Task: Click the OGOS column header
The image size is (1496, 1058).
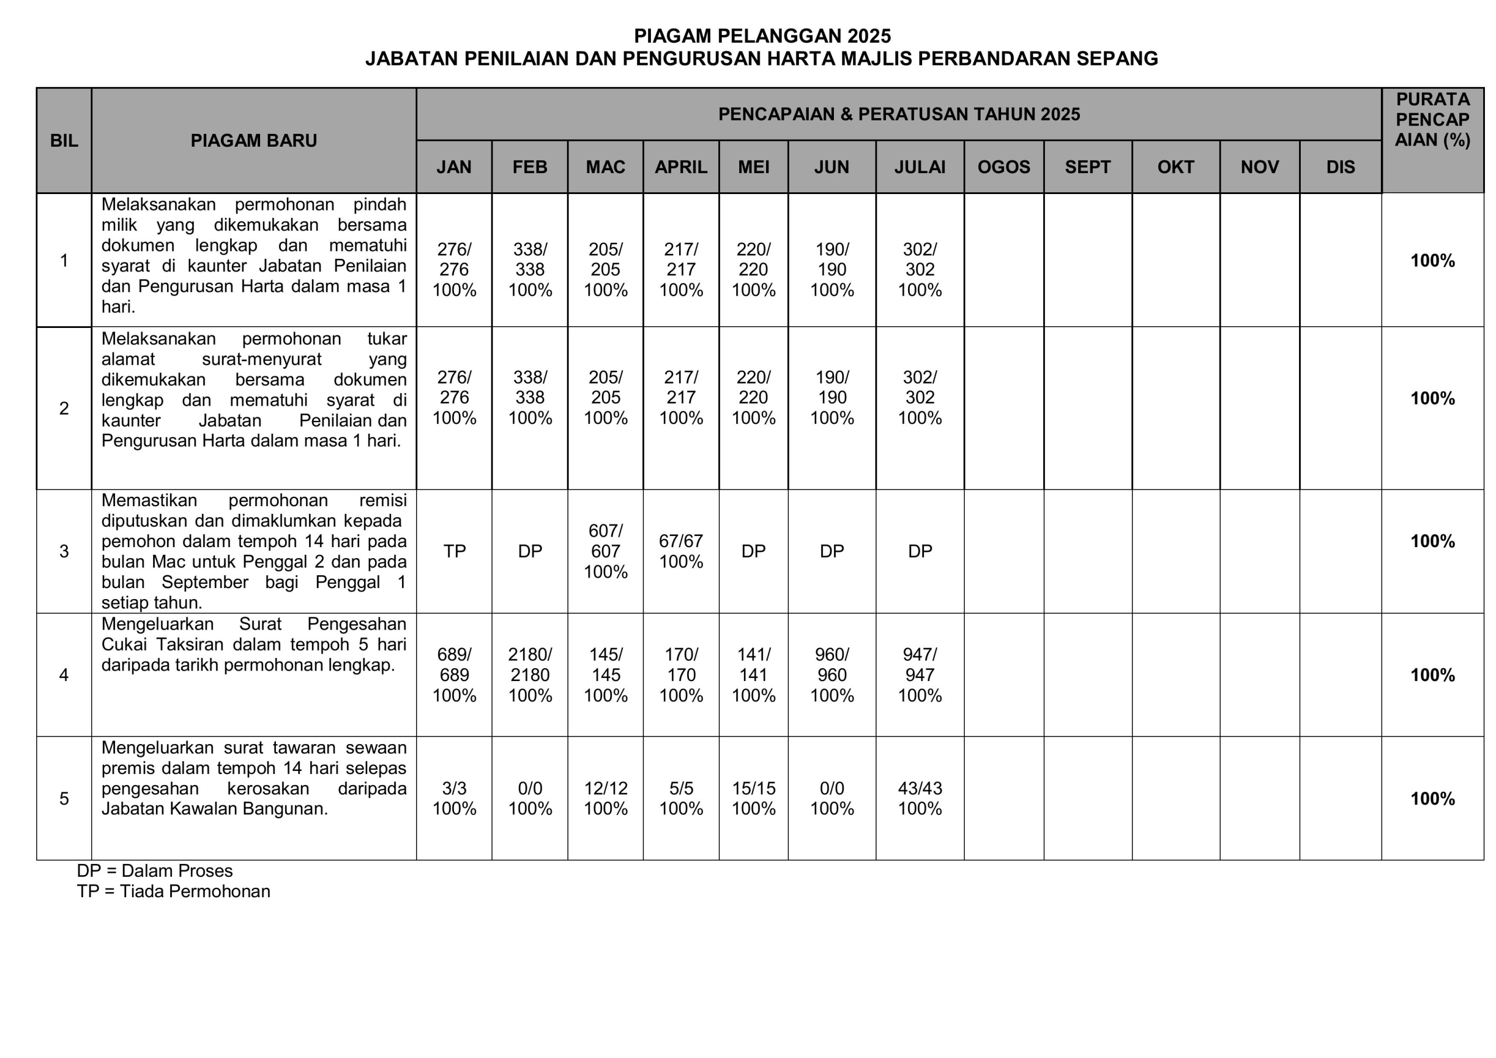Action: [1003, 167]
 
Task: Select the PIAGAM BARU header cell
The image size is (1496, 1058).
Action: [254, 140]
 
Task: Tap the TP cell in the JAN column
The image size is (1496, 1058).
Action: [454, 551]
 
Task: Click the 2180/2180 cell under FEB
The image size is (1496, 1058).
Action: [529, 675]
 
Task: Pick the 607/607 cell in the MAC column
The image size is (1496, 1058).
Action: [605, 551]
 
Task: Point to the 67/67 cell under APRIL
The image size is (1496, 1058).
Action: [681, 551]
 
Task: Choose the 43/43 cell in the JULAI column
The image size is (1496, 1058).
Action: [919, 798]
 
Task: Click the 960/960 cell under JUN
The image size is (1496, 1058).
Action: [832, 675]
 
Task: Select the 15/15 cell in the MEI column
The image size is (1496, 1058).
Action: [753, 798]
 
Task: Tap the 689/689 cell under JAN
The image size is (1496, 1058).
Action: [454, 675]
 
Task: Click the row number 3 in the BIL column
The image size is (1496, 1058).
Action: [64, 551]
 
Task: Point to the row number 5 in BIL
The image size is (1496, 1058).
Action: [64, 798]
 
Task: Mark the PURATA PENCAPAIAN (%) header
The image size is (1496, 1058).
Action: [1432, 120]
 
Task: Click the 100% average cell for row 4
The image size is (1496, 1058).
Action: [1432, 675]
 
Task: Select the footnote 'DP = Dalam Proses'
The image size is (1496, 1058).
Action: [154, 871]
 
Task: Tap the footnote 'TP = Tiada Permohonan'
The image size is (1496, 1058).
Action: [174, 891]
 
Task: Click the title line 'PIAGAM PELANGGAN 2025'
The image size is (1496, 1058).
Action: [763, 36]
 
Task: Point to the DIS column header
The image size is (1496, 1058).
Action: [1341, 167]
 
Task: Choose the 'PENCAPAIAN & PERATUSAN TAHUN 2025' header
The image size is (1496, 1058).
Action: [899, 114]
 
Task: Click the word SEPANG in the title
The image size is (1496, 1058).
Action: [1117, 58]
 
